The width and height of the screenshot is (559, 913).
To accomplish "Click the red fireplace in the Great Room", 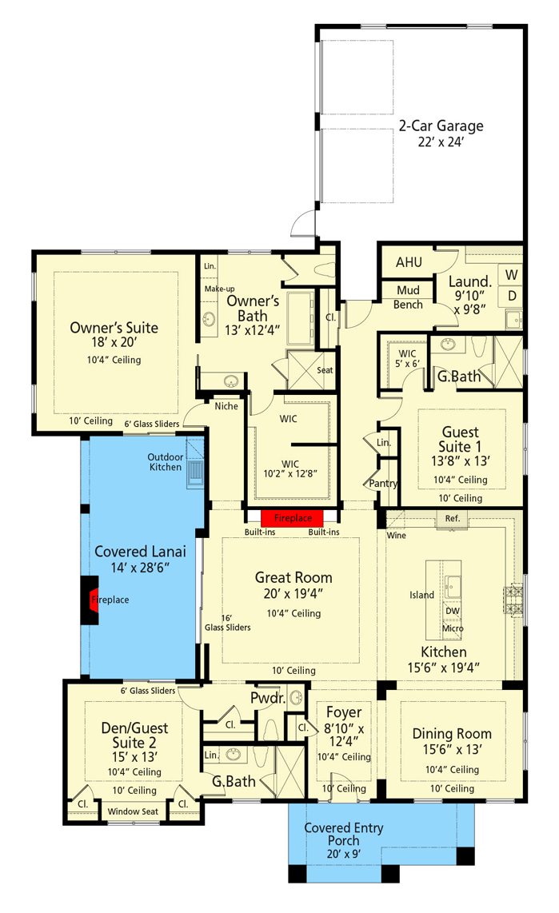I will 292,517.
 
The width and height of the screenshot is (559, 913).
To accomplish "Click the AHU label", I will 409,262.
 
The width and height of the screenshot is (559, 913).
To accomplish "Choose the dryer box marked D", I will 512,296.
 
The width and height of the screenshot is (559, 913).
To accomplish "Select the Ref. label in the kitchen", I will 453,518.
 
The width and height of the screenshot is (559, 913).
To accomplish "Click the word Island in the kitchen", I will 422,595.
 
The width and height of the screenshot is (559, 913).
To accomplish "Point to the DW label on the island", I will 452,610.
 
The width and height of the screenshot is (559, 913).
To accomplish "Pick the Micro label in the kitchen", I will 452,628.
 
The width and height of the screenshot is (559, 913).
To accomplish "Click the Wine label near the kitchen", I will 396,535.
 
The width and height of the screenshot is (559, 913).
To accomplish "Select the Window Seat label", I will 134,811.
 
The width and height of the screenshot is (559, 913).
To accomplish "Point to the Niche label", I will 226,405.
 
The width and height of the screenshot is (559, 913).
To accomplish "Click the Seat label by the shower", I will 325,370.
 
